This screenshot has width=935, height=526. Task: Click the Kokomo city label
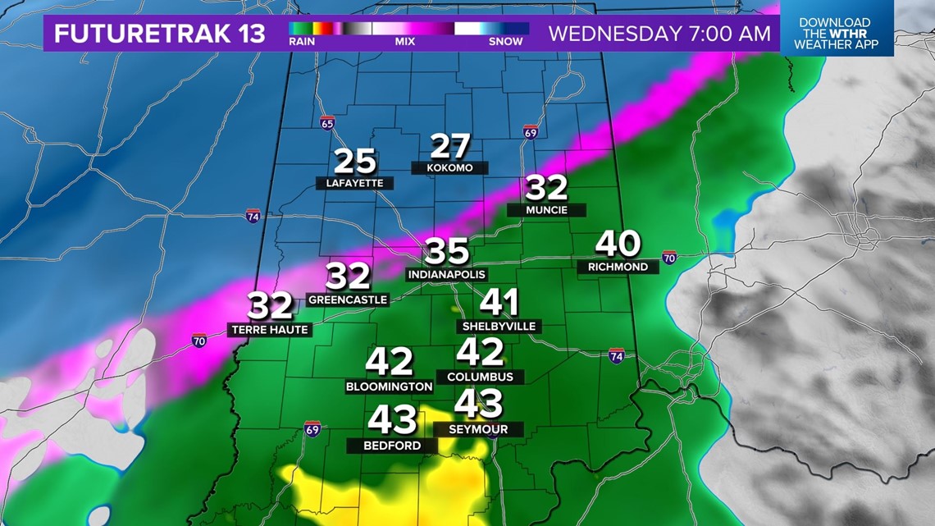[449, 167]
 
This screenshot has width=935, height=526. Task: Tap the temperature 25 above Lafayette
[355, 162]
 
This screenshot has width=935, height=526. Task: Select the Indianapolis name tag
[447, 275]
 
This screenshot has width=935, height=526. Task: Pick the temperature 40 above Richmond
[618, 244]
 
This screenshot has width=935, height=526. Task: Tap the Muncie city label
[546, 210]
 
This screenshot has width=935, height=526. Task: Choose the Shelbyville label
[499, 327]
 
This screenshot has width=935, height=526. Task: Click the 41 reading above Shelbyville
[499, 303]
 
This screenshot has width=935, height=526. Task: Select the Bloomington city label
[389, 386]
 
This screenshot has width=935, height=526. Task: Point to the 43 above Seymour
[478, 404]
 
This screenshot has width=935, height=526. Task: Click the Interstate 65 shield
[327, 123]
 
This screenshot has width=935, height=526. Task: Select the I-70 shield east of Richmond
[670, 257]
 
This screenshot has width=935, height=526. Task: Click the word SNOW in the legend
[505, 40]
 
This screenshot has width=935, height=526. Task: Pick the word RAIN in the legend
[300, 40]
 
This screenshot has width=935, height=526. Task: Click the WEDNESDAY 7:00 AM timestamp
[659, 34]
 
